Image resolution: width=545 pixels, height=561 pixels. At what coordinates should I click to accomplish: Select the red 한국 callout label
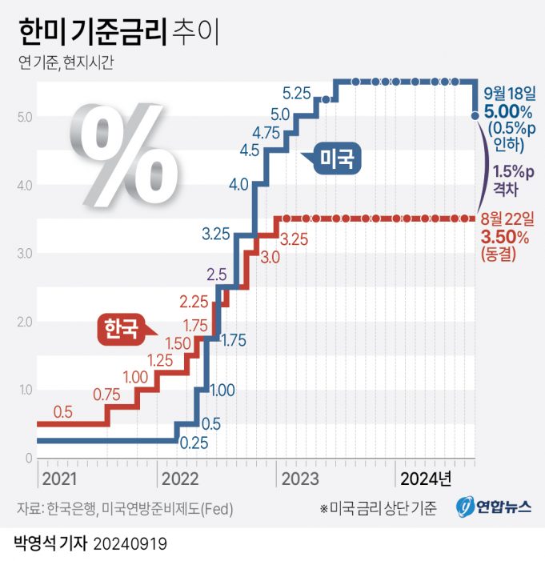pyautogui.click(x=119, y=327)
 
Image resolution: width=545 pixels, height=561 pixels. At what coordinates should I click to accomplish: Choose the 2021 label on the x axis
pyautogui.click(x=59, y=479)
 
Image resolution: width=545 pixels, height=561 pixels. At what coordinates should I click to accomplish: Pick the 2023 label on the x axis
pyautogui.click(x=298, y=479)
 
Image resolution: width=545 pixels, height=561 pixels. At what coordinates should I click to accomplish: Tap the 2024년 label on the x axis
pyautogui.click(x=426, y=479)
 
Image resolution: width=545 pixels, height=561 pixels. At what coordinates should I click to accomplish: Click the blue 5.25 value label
pyautogui.click(x=297, y=93)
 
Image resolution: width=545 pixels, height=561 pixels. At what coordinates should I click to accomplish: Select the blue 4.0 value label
pyautogui.click(x=238, y=185)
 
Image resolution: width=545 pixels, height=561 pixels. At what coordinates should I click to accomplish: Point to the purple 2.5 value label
pyautogui.click(x=217, y=274)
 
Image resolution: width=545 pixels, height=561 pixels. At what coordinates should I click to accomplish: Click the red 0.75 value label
pyautogui.click(x=106, y=394)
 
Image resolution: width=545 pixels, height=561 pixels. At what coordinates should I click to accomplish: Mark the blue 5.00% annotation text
pyautogui.click(x=502, y=111)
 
